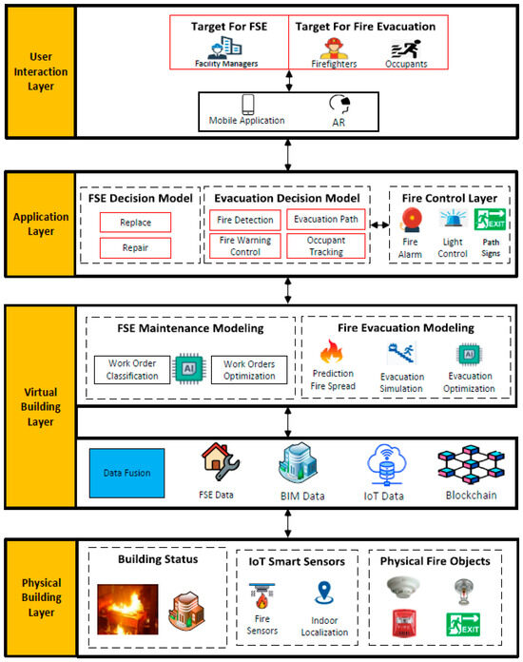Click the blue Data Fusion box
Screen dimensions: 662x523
(128, 472)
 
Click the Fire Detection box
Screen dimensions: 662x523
(243, 220)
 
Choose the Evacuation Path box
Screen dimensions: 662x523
(322, 220)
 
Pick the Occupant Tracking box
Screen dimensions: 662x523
(322, 246)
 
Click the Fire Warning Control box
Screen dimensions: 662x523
(243, 246)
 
